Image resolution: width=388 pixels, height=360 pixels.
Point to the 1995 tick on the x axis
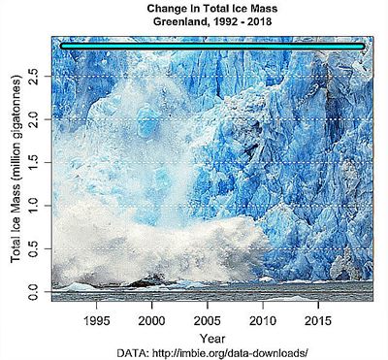pyautogui.click(x=96, y=319)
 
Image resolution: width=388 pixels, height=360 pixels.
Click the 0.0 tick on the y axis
pyautogui.click(x=34, y=289)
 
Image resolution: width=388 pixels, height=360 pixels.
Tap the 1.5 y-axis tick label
pyautogui.click(x=34, y=162)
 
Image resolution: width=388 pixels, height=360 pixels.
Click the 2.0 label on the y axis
pyautogui.click(x=34, y=119)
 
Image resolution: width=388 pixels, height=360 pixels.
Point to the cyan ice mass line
pyautogui.click(x=211, y=46)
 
